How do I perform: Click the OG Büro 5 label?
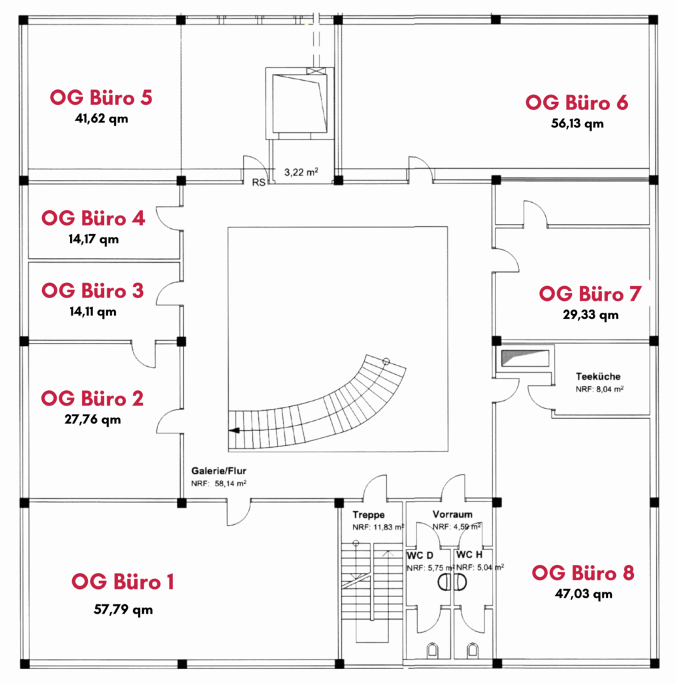[x=101, y=97]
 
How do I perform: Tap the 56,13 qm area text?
[x=577, y=123]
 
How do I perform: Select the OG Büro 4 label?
[x=93, y=218]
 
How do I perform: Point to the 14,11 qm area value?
[x=93, y=312]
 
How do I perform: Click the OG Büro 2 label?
[x=92, y=399]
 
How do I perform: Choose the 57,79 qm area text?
[x=123, y=610]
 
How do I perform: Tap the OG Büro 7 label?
[x=590, y=294]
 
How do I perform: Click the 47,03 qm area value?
[x=584, y=594]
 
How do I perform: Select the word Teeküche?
[x=598, y=377]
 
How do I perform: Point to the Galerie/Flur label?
[x=219, y=471]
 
